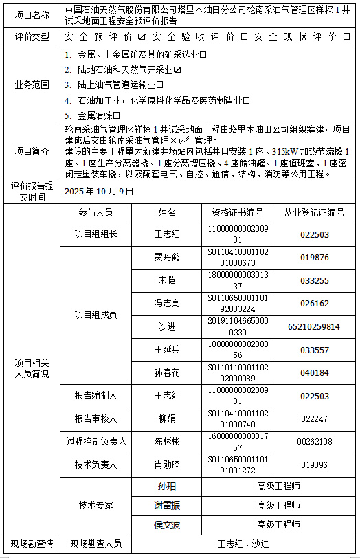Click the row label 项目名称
32,14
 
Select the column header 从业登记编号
315,212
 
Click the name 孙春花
166,373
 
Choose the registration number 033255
315,280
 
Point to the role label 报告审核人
96,418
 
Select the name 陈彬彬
166,442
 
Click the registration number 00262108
315,442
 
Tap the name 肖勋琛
166,465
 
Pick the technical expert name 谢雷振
167,505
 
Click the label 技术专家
96,505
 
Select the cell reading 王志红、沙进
243,544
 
